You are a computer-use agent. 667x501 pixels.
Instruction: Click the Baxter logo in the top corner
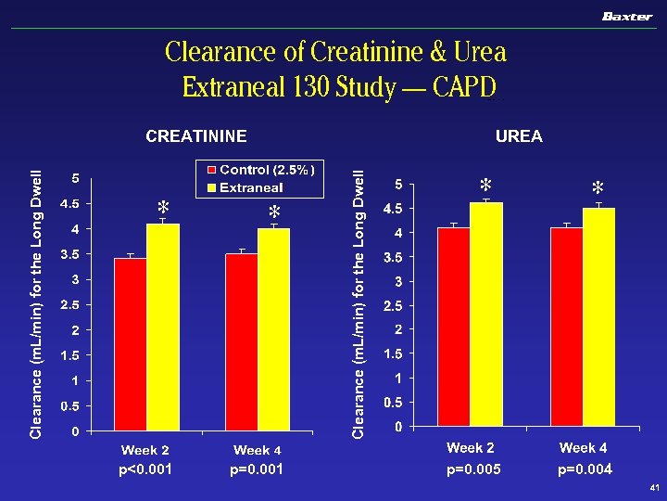[x=627, y=17]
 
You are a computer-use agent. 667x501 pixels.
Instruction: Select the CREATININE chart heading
[x=196, y=137]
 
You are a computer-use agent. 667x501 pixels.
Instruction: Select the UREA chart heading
[x=519, y=137]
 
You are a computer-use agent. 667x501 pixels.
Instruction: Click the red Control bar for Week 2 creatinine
[x=130, y=344]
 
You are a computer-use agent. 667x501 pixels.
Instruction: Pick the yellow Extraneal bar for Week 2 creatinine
[x=163, y=328]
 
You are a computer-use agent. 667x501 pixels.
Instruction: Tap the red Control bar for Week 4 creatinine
[x=241, y=342]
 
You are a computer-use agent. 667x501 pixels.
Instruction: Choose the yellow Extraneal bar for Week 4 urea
[x=598, y=317]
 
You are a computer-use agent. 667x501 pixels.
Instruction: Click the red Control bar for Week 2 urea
[x=453, y=327]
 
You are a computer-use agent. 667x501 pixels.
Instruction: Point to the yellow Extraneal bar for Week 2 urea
[x=485, y=315]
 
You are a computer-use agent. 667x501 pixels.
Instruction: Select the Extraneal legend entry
[x=252, y=187]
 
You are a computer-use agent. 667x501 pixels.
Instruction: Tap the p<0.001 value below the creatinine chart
[x=145, y=469]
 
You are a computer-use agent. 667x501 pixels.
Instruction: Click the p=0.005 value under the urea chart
[x=473, y=469]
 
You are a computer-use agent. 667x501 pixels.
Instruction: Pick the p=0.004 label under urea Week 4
[x=585, y=469]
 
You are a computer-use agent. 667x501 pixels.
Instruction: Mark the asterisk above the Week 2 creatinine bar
[x=163, y=206]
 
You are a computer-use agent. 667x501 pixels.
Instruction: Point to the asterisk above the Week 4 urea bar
[x=598, y=188]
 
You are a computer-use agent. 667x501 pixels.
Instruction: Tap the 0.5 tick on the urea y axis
[x=393, y=402]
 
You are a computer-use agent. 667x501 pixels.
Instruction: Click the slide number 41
[x=654, y=489]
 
